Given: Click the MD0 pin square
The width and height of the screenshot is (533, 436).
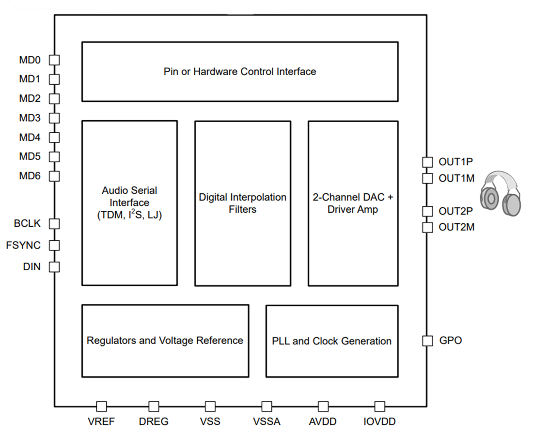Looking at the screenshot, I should [54, 60].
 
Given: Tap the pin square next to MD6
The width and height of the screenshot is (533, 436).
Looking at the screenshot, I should [54, 176].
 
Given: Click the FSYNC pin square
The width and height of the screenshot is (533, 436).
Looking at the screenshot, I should [54, 245].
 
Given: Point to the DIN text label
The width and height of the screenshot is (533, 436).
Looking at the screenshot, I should [32, 266].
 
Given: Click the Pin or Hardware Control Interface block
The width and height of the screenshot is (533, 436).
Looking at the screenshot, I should [240, 72].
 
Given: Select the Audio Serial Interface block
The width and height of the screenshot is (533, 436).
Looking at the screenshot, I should [129, 203].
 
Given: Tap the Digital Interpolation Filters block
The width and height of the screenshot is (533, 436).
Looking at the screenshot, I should [242, 203].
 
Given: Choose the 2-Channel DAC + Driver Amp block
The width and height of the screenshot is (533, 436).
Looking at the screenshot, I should [353, 203].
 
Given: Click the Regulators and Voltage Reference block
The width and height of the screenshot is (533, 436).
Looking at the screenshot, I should [165, 341].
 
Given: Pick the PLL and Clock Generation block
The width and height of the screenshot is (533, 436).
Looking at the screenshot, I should [332, 341].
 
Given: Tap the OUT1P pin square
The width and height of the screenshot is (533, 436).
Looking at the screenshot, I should [427, 162].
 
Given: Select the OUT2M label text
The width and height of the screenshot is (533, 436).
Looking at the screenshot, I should [456, 227].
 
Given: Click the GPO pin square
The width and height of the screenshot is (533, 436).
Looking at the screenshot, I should [427, 341].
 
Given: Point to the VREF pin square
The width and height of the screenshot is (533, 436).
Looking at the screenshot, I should [101, 406].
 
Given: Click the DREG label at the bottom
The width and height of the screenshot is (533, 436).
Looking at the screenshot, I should [154, 421].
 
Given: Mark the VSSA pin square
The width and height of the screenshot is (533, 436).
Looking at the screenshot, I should [266, 406].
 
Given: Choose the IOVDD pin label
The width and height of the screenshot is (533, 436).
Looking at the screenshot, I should [379, 421].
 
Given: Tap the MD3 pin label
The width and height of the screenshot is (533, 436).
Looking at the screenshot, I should [30, 118].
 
